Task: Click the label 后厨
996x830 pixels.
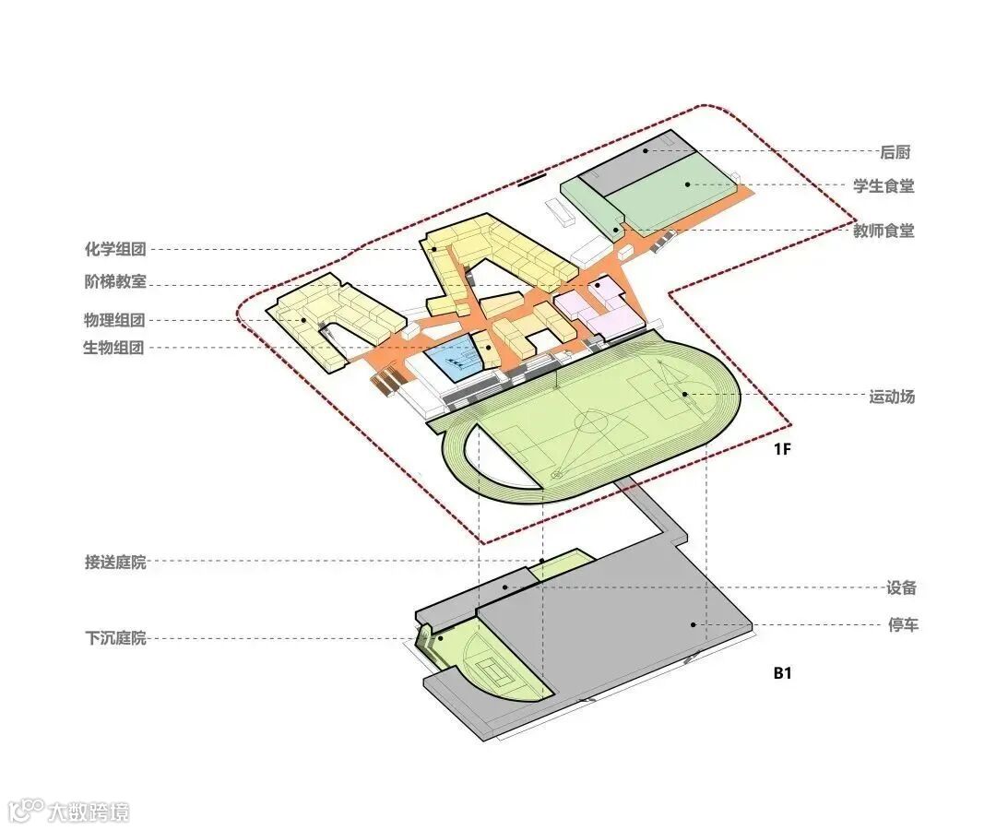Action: pyautogui.click(x=895, y=152)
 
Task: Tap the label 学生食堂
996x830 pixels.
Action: pyautogui.click(x=883, y=186)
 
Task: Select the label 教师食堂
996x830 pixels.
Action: pyautogui.click(x=883, y=231)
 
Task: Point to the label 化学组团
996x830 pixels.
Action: pyautogui.click(x=114, y=249)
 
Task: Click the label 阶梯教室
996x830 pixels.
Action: pyautogui.click(x=114, y=282)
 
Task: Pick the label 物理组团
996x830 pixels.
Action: pyautogui.click(x=114, y=321)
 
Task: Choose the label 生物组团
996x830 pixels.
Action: pyautogui.click(x=114, y=349)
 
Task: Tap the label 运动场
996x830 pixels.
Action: pyautogui.click(x=892, y=397)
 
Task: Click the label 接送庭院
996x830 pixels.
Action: pyautogui.click(x=115, y=562)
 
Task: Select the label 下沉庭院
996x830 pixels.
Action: pyautogui.click(x=115, y=638)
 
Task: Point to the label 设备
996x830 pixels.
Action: pyautogui.click(x=901, y=588)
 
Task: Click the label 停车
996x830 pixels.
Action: pyautogui.click(x=903, y=626)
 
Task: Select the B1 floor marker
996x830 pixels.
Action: pyautogui.click(x=782, y=673)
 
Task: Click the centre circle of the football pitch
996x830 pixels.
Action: pyautogui.click(x=591, y=424)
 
